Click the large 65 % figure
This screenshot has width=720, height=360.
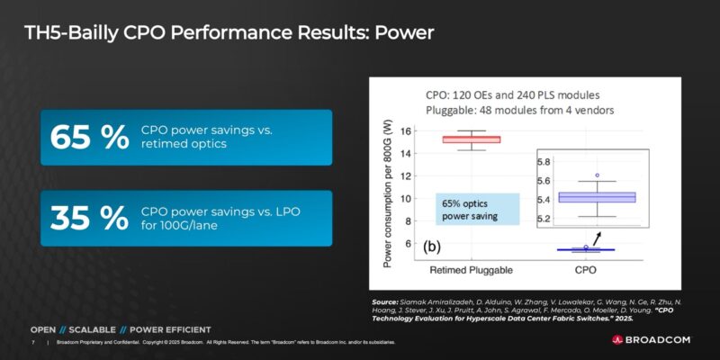[90, 137]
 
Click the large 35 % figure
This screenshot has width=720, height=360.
[90, 218]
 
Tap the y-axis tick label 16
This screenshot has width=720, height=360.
[406, 130]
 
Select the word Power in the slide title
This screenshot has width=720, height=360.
[404, 34]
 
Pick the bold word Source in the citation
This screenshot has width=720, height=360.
[385, 301]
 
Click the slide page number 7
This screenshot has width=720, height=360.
[33, 343]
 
